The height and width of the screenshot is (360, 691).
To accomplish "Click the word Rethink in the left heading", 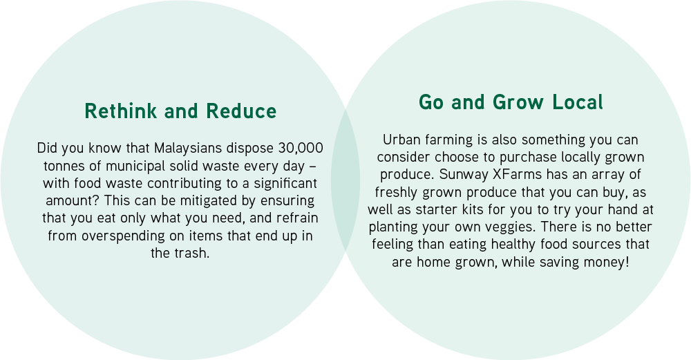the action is [x=120, y=111].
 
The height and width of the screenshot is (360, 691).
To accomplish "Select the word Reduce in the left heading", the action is [x=241, y=111].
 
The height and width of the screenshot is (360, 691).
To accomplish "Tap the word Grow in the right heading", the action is [x=518, y=102].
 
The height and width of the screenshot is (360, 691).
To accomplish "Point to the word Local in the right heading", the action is [x=577, y=102].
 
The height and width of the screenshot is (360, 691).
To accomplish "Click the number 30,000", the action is [x=301, y=148].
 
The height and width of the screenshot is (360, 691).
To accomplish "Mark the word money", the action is [x=607, y=262].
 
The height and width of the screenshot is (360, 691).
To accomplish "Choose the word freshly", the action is [x=397, y=192].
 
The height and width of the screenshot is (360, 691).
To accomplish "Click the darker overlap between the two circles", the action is [x=345, y=180].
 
